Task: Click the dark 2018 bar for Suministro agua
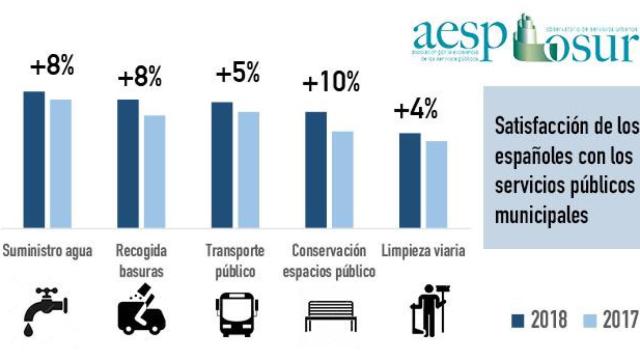(x=34, y=160)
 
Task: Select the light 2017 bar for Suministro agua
(x=61, y=164)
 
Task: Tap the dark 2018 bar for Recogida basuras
(x=128, y=164)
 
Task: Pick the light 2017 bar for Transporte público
(x=248, y=170)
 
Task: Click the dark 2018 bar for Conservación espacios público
(x=316, y=170)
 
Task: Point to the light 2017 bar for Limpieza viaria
(x=435, y=185)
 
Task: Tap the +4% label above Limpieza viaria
(x=416, y=111)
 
